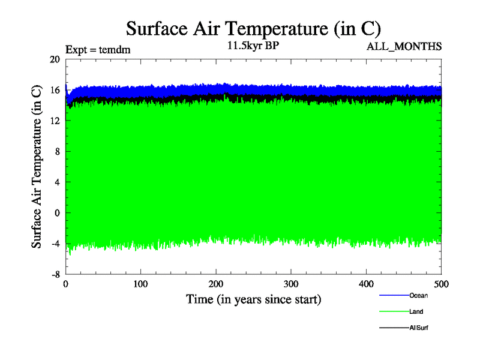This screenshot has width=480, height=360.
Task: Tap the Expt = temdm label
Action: (98, 50)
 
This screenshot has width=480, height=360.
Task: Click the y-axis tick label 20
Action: (55, 59)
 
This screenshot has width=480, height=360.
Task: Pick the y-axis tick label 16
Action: (55, 90)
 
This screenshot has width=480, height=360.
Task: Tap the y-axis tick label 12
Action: (55, 121)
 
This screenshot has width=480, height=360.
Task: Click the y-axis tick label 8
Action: (57, 151)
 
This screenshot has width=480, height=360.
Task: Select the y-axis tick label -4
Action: (55, 243)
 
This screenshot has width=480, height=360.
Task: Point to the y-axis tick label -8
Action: (55, 274)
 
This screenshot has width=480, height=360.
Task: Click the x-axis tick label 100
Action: (140, 284)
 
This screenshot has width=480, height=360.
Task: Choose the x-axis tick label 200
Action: (216, 284)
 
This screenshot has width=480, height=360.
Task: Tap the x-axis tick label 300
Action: (291, 284)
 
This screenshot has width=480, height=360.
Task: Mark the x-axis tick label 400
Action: (366, 284)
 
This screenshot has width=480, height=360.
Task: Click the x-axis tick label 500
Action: (441, 284)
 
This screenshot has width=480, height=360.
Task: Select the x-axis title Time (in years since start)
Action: (253, 299)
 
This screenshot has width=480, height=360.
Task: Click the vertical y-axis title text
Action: (37, 167)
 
